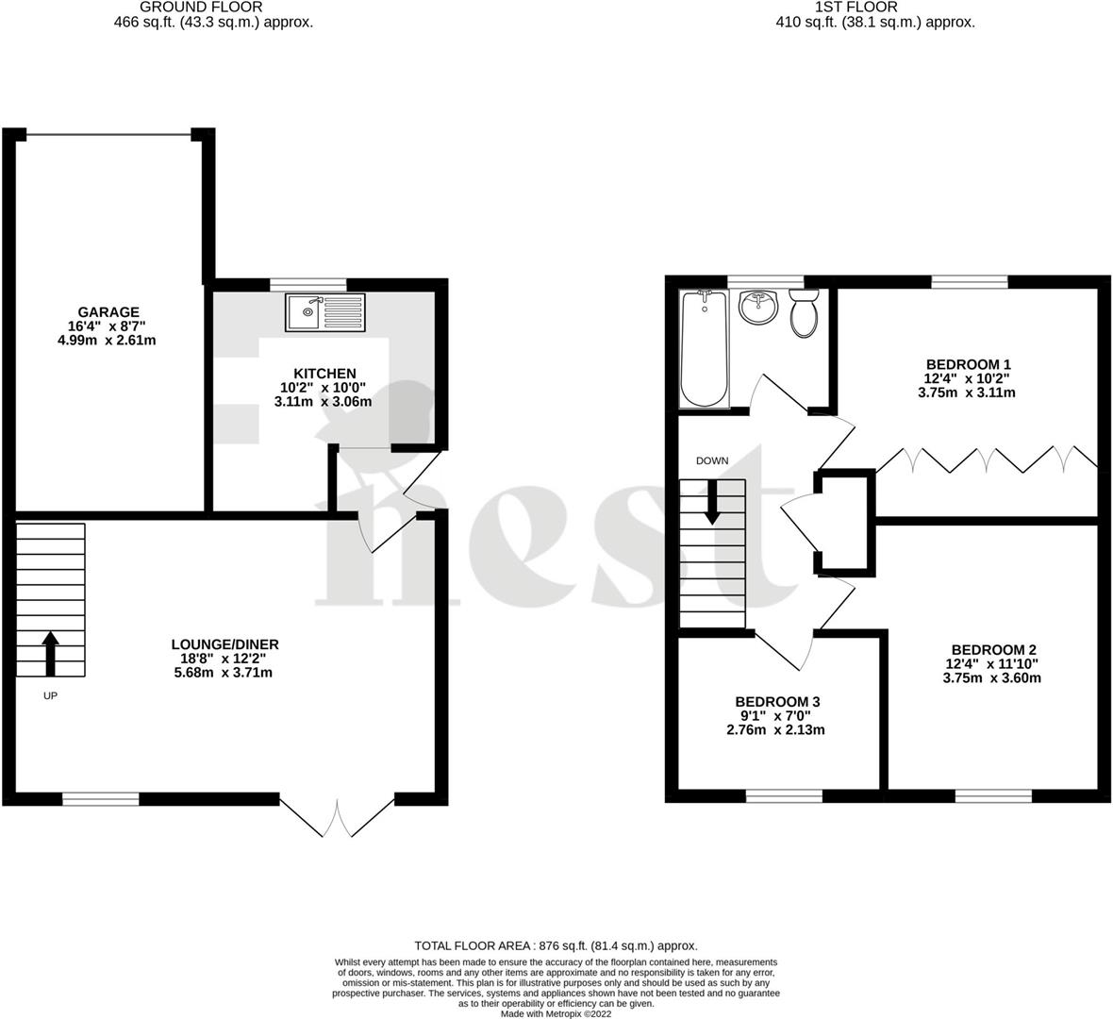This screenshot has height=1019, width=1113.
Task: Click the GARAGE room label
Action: (108, 312)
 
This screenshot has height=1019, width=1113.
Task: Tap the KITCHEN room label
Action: (324, 374)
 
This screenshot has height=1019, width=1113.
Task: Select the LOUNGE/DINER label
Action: (224, 644)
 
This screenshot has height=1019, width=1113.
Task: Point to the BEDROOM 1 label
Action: (968, 364)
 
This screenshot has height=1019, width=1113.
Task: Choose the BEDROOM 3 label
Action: (777, 702)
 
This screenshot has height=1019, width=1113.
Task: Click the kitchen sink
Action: (324, 311)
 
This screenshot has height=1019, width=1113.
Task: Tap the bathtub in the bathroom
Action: (704, 347)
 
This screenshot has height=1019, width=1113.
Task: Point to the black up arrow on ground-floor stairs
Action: (50, 654)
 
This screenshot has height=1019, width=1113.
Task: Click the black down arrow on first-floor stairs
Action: (711, 502)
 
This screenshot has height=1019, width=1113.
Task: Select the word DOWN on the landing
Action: (712, 461)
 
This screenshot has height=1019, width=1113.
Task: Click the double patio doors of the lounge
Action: (337, 816)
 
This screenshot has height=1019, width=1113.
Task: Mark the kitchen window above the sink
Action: (307, 283)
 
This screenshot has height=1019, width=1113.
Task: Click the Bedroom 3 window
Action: (783, 796)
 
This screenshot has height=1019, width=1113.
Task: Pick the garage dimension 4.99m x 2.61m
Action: (107, 340)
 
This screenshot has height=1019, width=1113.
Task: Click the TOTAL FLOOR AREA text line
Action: (556, 945)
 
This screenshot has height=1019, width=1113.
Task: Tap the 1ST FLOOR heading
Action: (874, 7)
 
